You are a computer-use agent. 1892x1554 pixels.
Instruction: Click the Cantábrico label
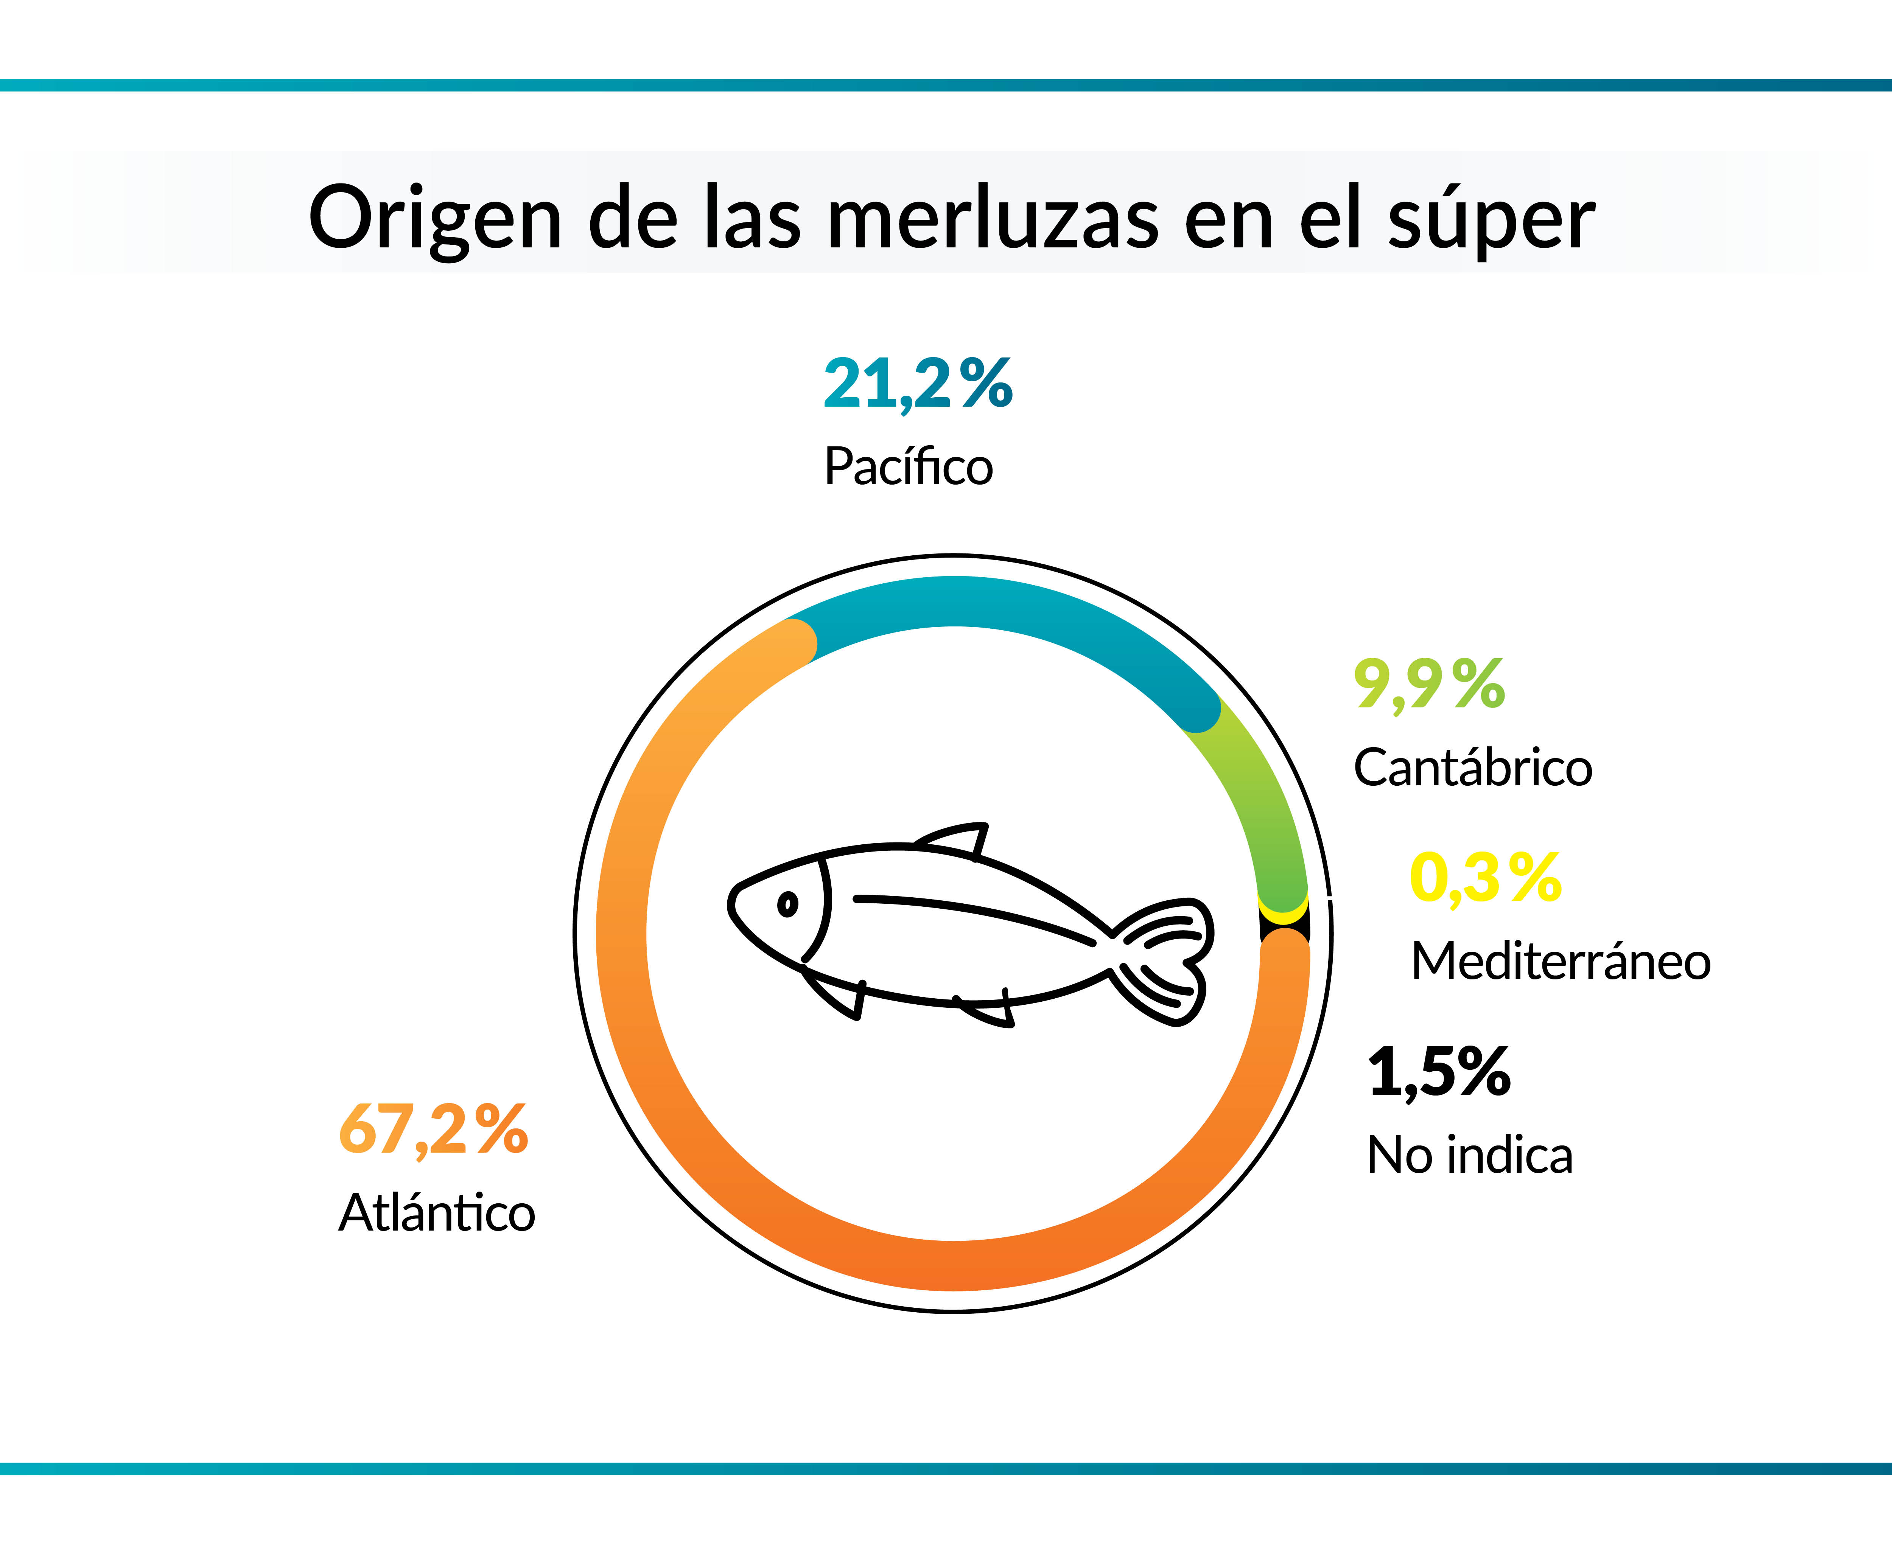click(1473, 768)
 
